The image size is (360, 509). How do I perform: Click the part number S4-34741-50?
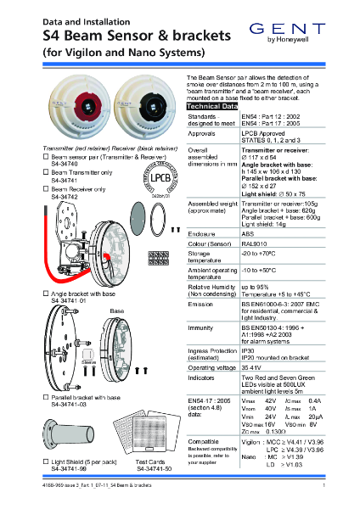pyautogui.click(x=154, y=467)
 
